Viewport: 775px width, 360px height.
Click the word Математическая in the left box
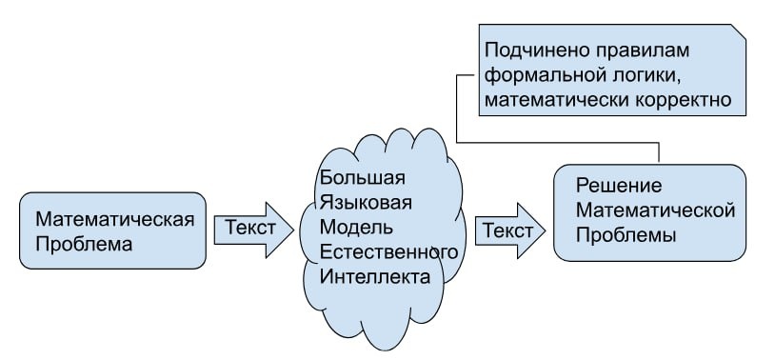[115, 219]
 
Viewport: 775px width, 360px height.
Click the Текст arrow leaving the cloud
[509, 230]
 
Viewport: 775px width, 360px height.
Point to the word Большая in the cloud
[363, 178]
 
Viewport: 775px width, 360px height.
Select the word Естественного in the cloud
[390, 252]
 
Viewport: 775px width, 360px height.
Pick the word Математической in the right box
[657, 210]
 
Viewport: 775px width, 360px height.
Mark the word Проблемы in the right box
[626, 234]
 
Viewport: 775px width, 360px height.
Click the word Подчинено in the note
[532, 49]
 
